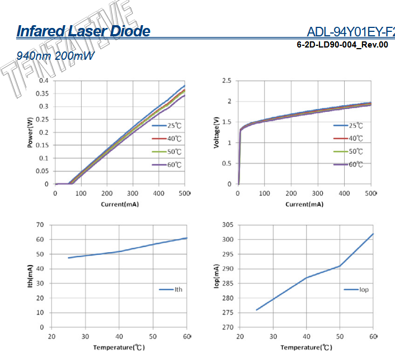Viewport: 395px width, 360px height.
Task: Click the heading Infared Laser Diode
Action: [x=83, y=31]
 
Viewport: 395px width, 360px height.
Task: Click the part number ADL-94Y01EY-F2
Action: [x=351, y=31]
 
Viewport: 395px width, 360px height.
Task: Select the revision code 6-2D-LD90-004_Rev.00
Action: [x=342, y=45]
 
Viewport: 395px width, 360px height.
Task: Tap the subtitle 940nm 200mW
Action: [x=55, y=56]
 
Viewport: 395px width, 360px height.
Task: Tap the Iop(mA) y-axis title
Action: [x=217, y=275]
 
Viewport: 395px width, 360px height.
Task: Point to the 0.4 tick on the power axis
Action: [x=44, y=80]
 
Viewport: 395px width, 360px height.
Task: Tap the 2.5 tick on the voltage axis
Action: [x=227, y=80]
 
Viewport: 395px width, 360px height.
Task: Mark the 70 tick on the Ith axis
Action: [x=40, y=225]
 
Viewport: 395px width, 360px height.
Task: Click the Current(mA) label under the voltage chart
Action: [x=304, y=204]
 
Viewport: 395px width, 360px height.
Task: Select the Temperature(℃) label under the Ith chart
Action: [x=119, y=348]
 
